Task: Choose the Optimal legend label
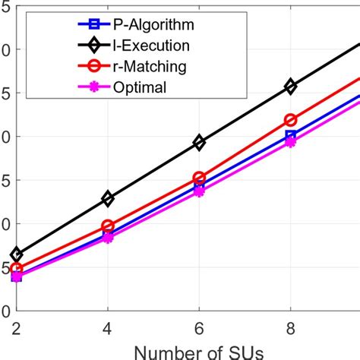[126, 87]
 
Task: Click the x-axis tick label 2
[17, 324]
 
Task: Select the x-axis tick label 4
[108, 324]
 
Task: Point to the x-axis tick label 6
[199, 324]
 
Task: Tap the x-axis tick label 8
[290, 324]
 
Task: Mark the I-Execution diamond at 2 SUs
[17, 254]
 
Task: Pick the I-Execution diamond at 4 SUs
[108, 198]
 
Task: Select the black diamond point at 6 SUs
[199, 142]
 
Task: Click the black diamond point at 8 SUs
[290, 87]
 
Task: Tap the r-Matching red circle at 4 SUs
[108, 226]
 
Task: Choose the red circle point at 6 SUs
[199, 178]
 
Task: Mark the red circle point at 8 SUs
[290, 120]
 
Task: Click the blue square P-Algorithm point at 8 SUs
[290, 136]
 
